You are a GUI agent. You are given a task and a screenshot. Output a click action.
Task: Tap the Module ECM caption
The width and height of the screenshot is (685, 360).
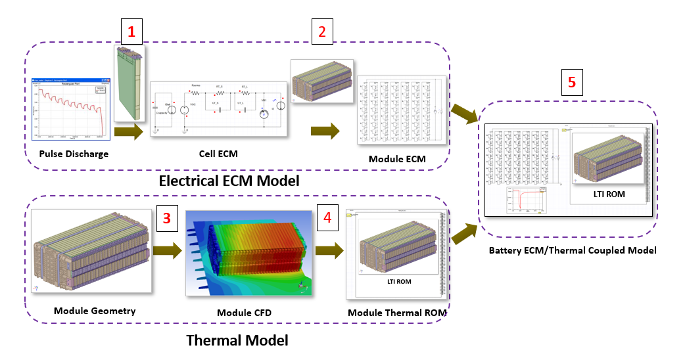tap(398, 159)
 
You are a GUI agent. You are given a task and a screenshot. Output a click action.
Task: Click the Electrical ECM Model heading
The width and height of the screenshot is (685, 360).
tap(229, 181)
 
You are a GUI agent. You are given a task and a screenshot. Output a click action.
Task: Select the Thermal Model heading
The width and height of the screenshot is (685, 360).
tap(237, 340)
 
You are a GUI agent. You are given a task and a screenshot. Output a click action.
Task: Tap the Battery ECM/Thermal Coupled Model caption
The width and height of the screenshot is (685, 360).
tap(573, 250)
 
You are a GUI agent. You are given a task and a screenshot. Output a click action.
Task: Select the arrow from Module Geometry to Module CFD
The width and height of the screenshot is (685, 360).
tap(166, 250)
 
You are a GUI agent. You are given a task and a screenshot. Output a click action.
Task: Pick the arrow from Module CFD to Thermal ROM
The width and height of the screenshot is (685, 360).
tap(329, 250)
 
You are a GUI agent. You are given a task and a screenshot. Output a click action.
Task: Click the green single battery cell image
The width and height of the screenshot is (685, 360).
tap(130, 83)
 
